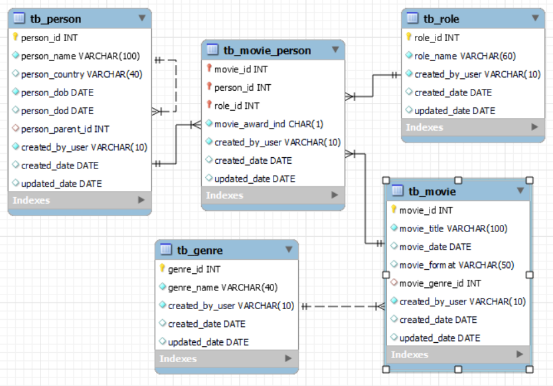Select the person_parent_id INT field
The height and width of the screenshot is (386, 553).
tap(65, 129)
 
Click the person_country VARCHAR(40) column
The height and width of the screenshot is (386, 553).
tap(81, 74)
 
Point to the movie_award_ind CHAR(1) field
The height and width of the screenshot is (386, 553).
tap(269, 124)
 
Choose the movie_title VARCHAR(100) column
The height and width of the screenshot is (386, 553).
tap(453, 229)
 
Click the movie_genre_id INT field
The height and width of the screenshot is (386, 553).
tap(439, 283)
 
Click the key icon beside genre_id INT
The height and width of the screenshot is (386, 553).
tap(162, 269)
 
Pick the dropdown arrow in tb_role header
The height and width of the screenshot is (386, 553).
tap(535, 19)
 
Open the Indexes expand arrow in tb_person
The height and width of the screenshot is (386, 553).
tap(141, 200)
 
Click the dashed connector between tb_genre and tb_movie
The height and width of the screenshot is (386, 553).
tap(342, 306)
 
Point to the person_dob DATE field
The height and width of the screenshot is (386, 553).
tap(57, 92)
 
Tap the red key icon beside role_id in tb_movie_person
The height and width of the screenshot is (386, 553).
tap(208, 105)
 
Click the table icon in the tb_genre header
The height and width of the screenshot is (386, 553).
tap(166, 250)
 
